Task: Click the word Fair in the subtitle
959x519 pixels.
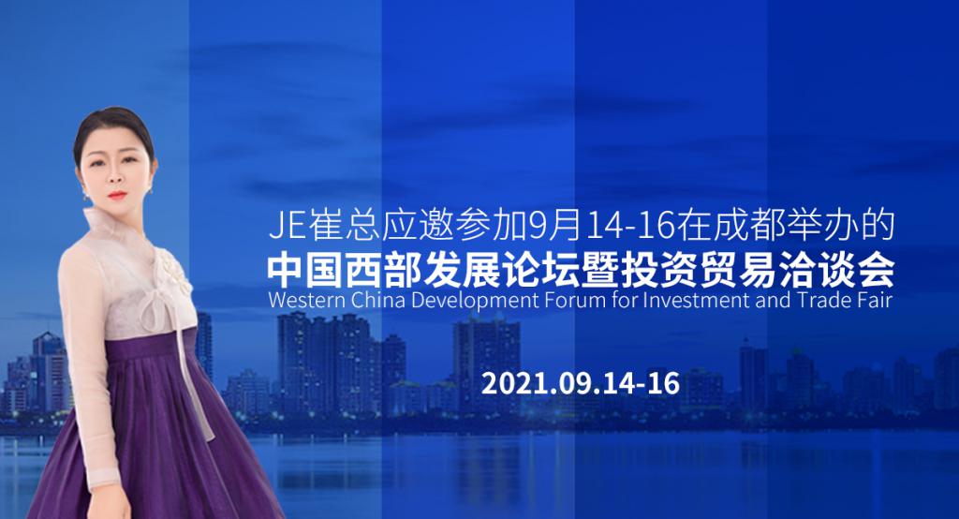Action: click(876, 301)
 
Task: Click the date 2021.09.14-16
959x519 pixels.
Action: click(581, 384)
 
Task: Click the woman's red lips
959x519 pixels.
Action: click(117, 196)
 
